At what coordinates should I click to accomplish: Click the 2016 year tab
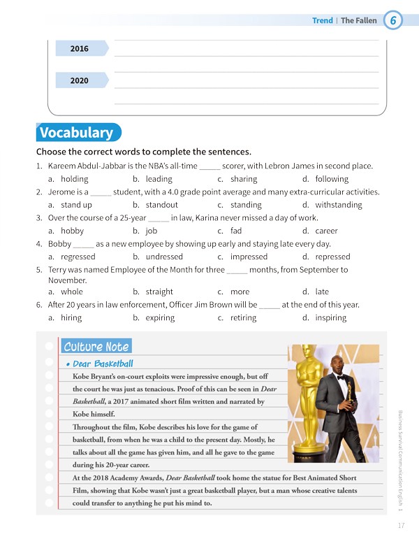tap(80, 49)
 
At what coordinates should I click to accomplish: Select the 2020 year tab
tap(80, 80)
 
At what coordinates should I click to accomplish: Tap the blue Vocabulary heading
tap(76, 133)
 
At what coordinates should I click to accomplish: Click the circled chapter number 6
tap(393, 20)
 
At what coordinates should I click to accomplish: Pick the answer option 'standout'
tap(161, 205)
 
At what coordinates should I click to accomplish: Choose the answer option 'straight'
tap(159, 292)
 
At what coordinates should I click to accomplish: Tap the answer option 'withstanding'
tap(338, 205)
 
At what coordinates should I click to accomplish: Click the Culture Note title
tap(96, 347)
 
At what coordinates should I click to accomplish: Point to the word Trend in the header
tap(322, 20)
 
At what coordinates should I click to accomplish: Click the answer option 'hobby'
tap(72, 231)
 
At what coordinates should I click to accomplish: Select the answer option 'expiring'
tap(160, 317)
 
